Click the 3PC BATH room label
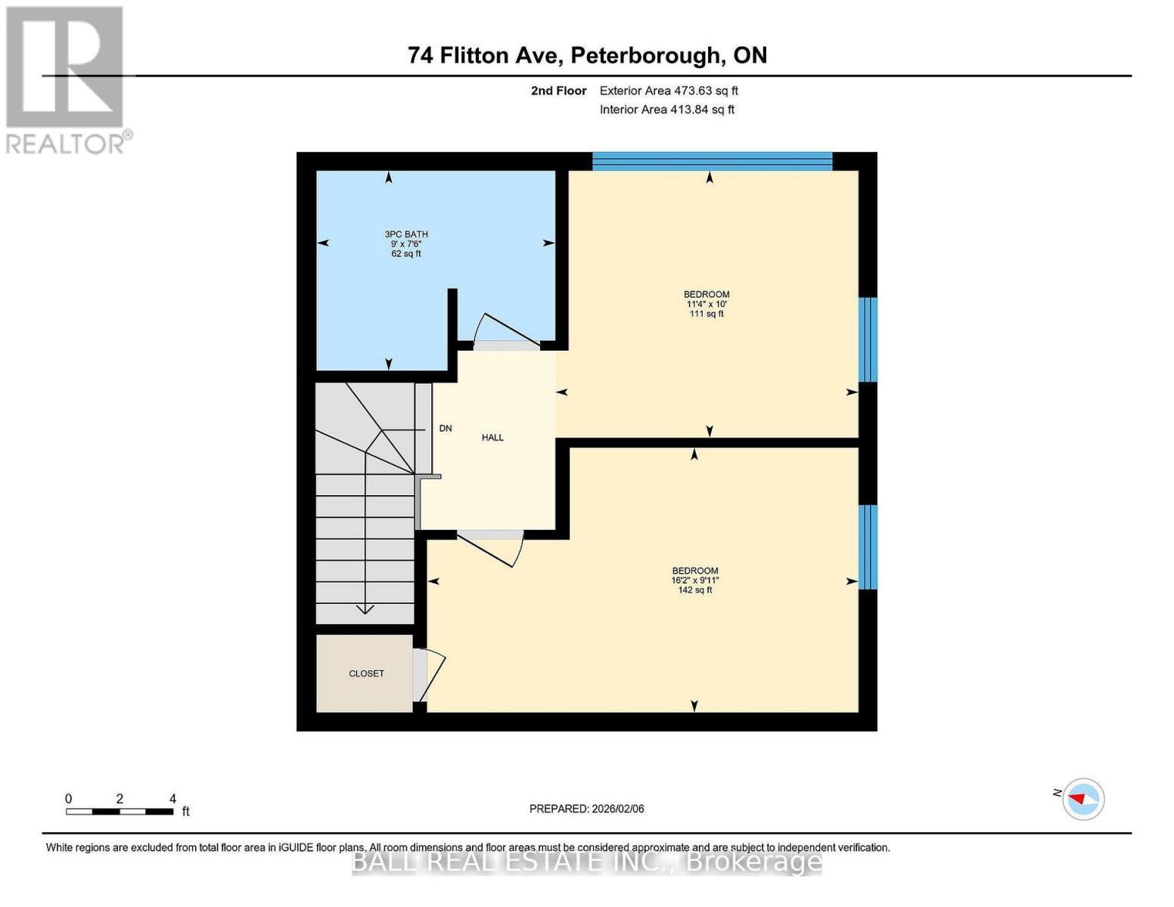point(406,234)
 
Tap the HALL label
point(492,438)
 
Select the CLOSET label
point(366,673)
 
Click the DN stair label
point(446,429)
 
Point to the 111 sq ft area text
point(706,314)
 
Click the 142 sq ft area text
point(694,590)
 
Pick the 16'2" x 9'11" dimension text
point(694,580)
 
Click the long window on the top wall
point(712,161)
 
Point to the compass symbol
point(1083,799)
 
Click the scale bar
point(120,812)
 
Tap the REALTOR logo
point(67,79)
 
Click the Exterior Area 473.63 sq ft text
point(669,91)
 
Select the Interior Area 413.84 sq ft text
point(666,110)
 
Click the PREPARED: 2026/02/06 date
point(586,809)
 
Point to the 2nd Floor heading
point(558,91)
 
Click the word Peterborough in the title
point(644,55)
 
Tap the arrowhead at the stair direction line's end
point(365,608)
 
